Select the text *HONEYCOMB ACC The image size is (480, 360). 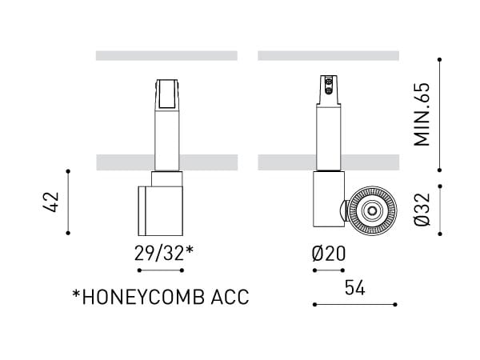point(161,298)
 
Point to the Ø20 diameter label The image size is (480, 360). point(328,254)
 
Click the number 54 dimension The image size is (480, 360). point(355,289)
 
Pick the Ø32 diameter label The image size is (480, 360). point(424,210)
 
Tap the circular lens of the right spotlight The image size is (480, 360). point(370,211)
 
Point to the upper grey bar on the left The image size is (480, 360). point(166,56)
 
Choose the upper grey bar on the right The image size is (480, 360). point(328,56)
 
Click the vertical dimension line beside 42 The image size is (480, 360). point(69,202)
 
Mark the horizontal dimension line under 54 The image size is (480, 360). point(355,304)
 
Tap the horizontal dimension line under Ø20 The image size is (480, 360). point(328,270)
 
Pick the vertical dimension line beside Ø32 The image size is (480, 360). point(440,210)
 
